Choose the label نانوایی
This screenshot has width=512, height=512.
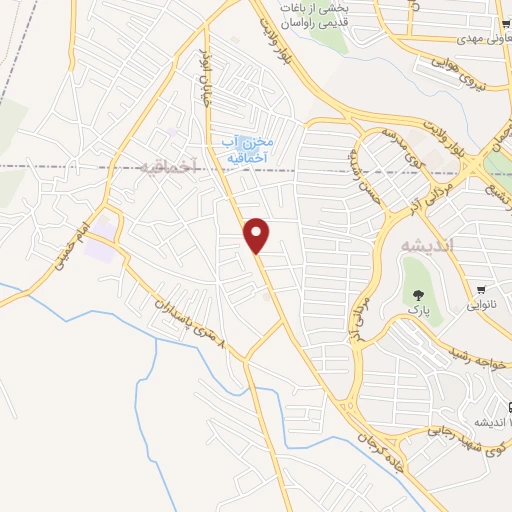click(x=483, y=303)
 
